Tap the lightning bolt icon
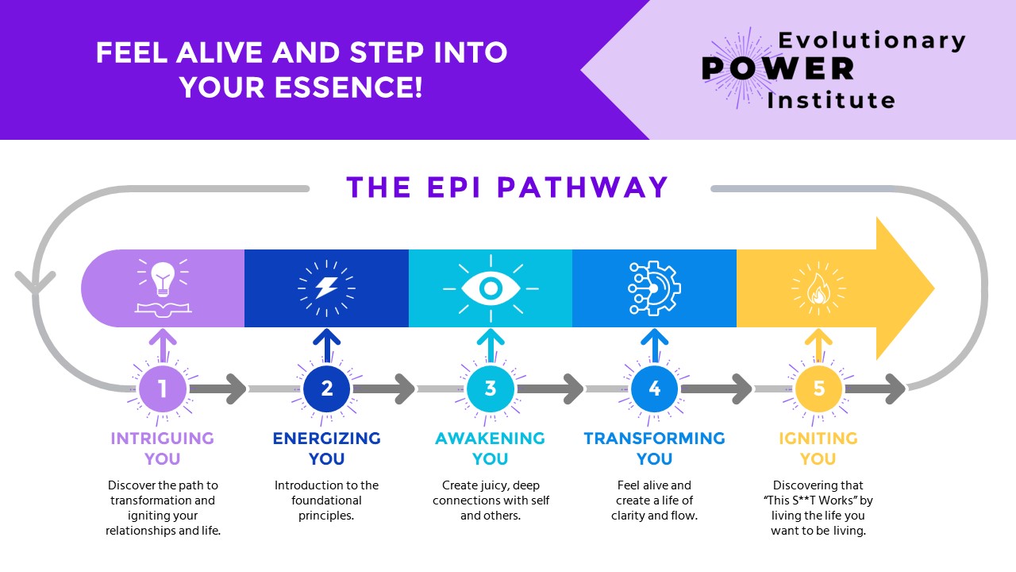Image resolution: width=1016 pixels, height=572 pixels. click(326, 287)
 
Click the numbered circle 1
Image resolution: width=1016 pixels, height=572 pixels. click(163, 388)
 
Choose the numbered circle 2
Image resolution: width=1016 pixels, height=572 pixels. click(326, 388)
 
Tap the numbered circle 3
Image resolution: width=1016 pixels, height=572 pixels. click(491, 388)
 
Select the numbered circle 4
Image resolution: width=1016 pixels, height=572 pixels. click(654, 388)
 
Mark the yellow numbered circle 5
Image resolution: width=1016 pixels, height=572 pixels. click(818, 388)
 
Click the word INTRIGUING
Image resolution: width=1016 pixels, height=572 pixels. click(163, 439)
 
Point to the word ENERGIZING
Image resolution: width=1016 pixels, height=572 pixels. click(326, 439)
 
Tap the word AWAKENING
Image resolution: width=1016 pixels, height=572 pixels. click(491, 439)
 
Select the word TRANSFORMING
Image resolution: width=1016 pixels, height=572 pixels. click(654, 439)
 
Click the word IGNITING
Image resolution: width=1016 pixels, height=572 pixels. click(818, 439)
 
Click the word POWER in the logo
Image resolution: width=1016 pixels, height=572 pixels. click(778, 69)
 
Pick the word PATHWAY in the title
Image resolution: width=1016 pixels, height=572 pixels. click(584, 187)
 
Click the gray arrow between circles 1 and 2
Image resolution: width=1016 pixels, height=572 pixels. click(218, 389)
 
